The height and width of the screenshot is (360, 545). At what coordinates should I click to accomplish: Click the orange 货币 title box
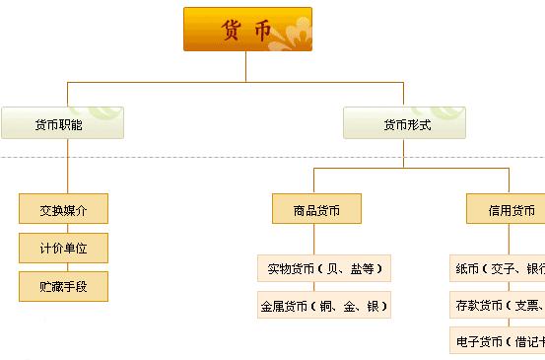tap(247, 29)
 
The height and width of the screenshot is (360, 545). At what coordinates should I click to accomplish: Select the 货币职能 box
tap(63, 123)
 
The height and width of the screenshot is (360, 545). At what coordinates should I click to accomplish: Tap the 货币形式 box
tap(405, 123)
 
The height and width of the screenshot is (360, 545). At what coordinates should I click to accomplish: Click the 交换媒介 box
tap(63, 209)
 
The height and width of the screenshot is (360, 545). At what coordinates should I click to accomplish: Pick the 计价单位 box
tap(63, 248)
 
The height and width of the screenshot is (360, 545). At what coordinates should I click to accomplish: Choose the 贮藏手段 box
tap(63, 286)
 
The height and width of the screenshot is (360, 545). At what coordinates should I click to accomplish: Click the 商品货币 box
tap(316, 209)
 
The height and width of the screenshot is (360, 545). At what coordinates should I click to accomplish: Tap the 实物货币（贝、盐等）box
tap(324, 267)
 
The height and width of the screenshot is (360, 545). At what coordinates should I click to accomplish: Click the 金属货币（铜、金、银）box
tap(324, 306)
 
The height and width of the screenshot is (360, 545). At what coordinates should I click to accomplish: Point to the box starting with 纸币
tap(498, 267)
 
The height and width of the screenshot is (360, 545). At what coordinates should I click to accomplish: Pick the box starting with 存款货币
tap(498, 306)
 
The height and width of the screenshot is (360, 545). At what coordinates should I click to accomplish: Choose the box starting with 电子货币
tap(498, 341)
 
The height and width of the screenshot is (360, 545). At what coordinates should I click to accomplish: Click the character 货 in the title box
tap(232, 30)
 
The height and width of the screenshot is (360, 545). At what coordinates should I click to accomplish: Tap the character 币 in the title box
tap(262, 30)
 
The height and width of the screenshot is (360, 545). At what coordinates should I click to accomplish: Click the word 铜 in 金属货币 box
tap(332, 307)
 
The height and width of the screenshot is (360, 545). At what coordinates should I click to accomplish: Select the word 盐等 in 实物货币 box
tap(363, 268)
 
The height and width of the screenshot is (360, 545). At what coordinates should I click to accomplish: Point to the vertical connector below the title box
tap(247, 65)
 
